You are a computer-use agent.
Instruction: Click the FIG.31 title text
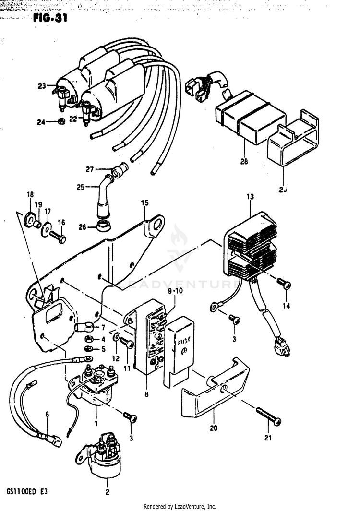tap(49, 19)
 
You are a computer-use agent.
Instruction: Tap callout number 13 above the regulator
tap(250, 197)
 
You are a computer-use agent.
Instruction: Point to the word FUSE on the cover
tap(184, 344)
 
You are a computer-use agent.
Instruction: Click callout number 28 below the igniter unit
tap(244, 162)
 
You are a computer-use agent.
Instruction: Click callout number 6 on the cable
tap(47, 414)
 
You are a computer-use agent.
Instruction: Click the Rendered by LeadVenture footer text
tap(180, 506)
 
